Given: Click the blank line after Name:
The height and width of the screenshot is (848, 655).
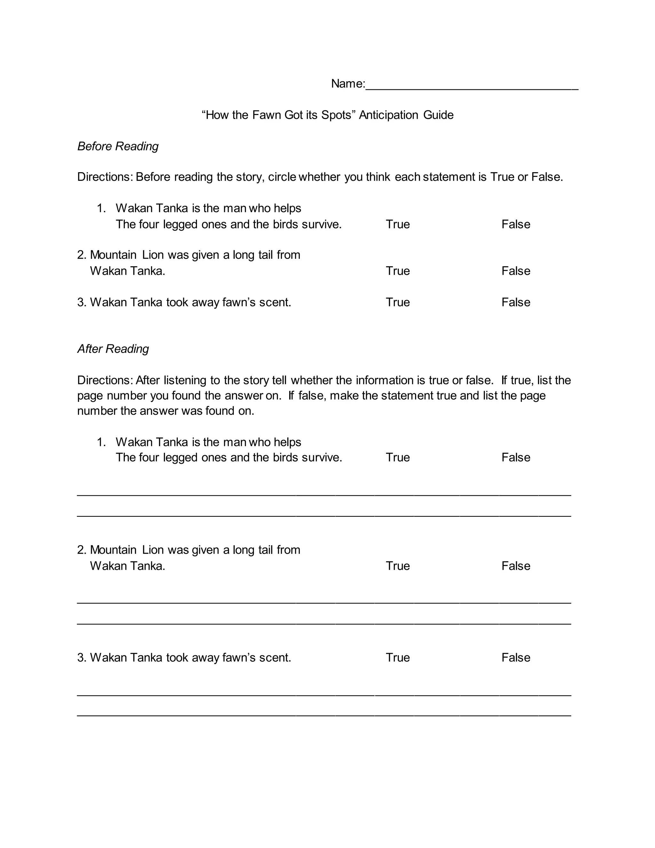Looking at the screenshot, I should (471, 86).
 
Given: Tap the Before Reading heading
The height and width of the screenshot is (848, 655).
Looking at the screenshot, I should (118, 146).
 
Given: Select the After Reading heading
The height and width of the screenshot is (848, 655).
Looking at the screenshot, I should (113, 349).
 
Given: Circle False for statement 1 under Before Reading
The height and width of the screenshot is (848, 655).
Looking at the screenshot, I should (515, 224).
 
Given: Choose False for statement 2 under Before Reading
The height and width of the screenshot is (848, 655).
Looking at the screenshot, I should (515, 271).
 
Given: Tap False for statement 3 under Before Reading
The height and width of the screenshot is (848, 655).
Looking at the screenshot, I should (515, 302).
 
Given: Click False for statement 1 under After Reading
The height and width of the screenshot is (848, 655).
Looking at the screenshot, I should (515, 457).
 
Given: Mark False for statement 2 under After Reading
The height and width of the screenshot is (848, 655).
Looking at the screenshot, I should (515, 566).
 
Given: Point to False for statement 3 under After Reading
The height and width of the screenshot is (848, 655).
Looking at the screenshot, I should (515, 657).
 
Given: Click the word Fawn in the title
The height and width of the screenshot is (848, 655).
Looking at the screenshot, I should (267, 115).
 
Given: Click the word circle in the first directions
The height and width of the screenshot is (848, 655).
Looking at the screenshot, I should (282, 177).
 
